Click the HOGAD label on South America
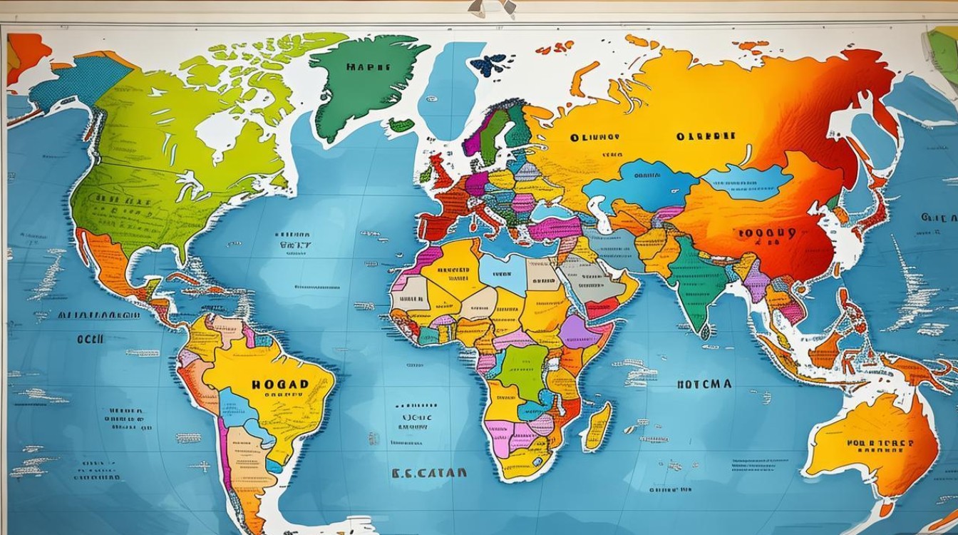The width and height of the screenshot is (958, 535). [280, 384]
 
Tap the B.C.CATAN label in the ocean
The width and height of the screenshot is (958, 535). [428, 472]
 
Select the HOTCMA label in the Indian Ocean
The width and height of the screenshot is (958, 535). [704, 384]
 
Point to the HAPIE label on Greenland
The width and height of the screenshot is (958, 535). [368, 67]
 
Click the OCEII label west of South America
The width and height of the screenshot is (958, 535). [91, 340]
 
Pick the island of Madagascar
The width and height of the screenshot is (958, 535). [597, 426]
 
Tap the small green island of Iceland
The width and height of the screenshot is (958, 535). [401, 125]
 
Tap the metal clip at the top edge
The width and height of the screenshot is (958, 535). [492, 7]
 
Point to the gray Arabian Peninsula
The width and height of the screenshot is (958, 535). [588, 279]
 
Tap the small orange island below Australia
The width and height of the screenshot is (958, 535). [885, 510]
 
